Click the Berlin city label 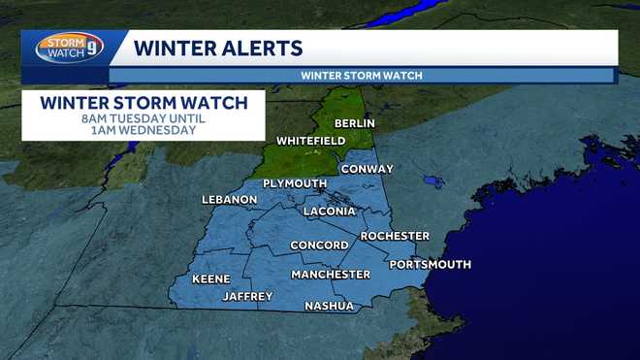[x=354, y=124]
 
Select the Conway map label [x=367, y=169]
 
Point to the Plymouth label [x=295, y=183]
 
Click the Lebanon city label [x=230, y=200]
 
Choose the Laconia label [x=329, y=211]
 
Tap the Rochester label [x=395, y=236]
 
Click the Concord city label [x=319, y=245]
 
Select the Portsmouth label [x=430, y=264]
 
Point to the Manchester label [x=331, y=275]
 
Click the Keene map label [x=210, y=279]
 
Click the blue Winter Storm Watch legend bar [x=362, y=76]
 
